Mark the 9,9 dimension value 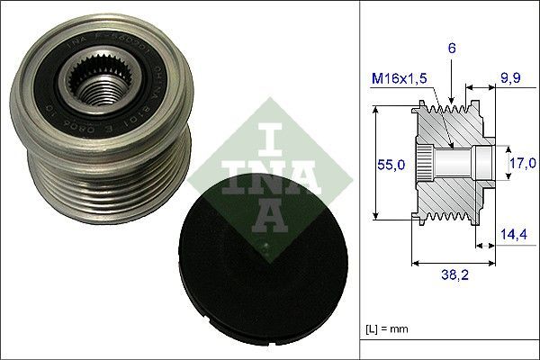click(x=510, y=79)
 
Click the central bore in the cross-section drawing click(x=454, y=163)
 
